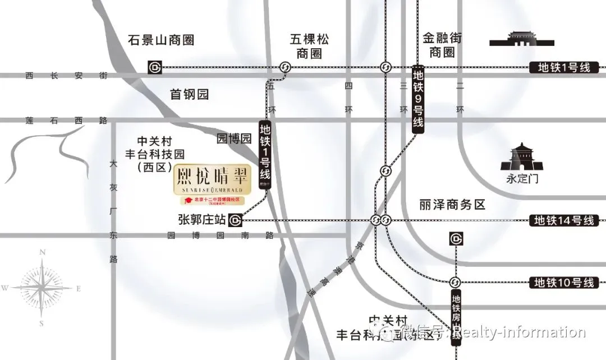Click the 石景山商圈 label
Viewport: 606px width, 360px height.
click(x=161, y=40)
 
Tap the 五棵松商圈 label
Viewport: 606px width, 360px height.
click(x=310, y=46)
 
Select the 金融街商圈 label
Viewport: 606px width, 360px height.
click(x=442, y=45)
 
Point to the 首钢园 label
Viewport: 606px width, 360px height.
click(x=190, y=94)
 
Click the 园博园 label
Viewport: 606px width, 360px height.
click(x=234, y=139)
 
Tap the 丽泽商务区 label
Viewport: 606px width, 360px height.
click(x=452, y=205)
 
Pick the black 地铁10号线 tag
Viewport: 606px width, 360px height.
click(x=563, y=282)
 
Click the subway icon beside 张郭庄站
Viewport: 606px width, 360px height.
click(x=236, y=220)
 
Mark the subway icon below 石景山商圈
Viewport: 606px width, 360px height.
click(x=154, y=67)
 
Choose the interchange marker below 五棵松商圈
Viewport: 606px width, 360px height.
click(x=285, y=67)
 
